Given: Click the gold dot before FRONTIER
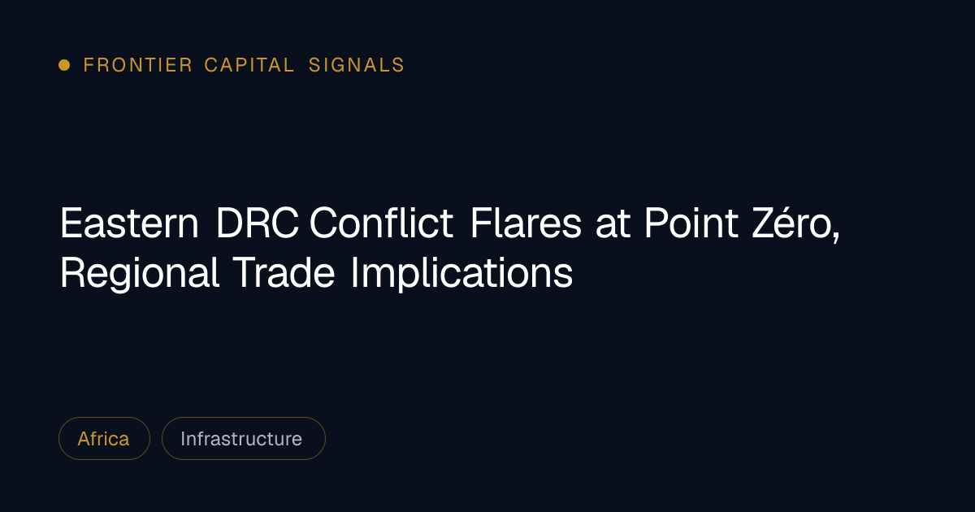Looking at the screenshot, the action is (x=64, y=65).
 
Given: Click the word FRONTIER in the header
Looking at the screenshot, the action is (x=137, y=65).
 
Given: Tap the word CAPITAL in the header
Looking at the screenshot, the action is (x=249, y=65).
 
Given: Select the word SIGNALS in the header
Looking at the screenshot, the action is (x=357, y=65).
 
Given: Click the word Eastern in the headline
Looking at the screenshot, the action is (x=129, y=223).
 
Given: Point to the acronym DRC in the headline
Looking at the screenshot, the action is (x=258, y=223).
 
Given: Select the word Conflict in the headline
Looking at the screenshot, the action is (x=381, y=223).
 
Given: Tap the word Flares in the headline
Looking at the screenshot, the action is (x=526, y=223).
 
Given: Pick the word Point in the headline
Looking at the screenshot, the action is (x=691, y=223).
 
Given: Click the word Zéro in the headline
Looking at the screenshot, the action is (x=792, y=223).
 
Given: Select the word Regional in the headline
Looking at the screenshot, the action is (x=139, y=273).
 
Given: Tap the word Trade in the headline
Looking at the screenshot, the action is (x=284, y=272).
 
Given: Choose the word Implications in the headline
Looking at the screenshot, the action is (x=461, y=273).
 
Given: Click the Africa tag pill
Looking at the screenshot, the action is (x=105, y=438).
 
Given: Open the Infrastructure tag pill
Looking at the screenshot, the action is (x=244, y=438).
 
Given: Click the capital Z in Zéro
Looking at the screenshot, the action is (x=764, y=223).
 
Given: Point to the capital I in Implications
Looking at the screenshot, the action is (x=354, y=272).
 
